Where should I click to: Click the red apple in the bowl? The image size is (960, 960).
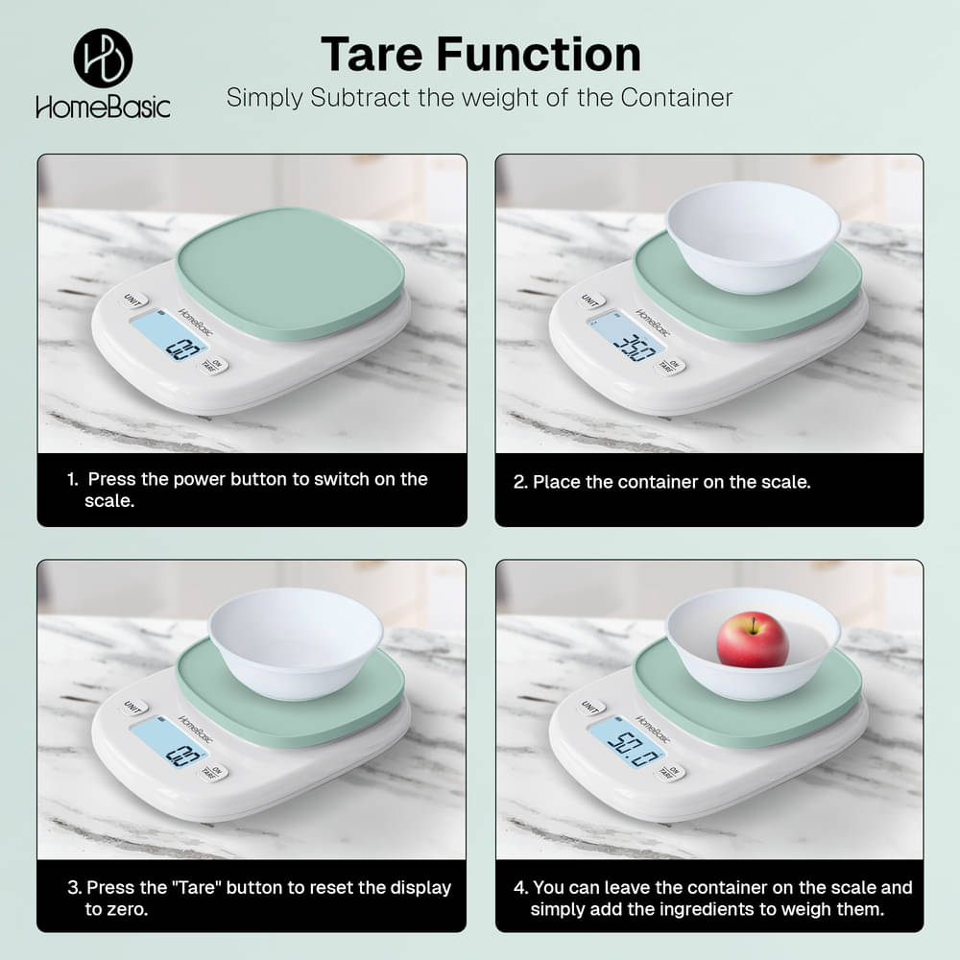pyautogui.click(x=753, y=639)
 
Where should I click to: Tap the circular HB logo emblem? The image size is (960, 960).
pyautogui.click(x=103, y=59)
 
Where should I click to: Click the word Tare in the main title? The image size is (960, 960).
pyautogui.click(x=372, y=55)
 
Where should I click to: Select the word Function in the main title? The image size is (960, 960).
pyautogui.click(x=539, y=55)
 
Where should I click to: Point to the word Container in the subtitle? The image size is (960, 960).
pyautogui.click(x=677, y=98)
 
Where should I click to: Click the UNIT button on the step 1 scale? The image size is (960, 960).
pyautogui.click(x=132, y=300)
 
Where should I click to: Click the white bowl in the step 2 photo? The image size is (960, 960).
pyautogui.click(x=753, y=236)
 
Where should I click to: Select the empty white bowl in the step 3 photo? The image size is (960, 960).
pyautogui.click(x=296, y=642)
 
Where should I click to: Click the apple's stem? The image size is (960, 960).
pyautogui.click(x=755, y=624)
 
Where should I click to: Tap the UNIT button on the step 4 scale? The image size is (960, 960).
pyautogui.click(x=590, y=707)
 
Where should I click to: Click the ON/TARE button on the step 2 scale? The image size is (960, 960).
pyautogui.click(x=670, y=366)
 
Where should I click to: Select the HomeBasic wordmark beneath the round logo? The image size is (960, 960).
pyautogui.click(x=103, y=108)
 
